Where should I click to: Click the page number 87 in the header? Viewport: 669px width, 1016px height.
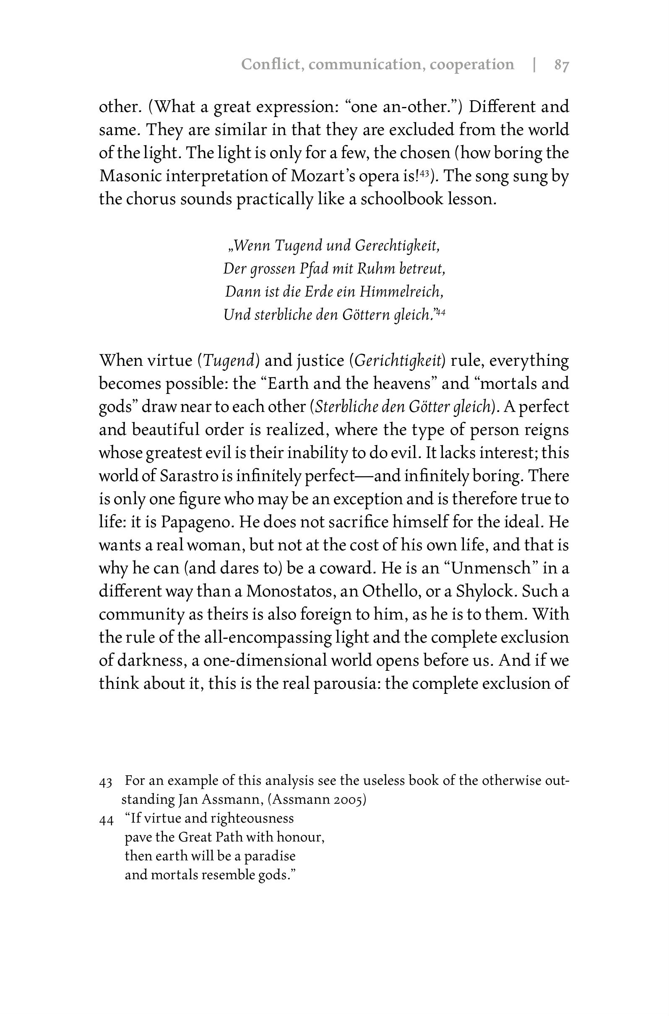tap(561, 65)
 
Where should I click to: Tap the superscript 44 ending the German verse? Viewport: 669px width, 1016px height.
tap(441, 313)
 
